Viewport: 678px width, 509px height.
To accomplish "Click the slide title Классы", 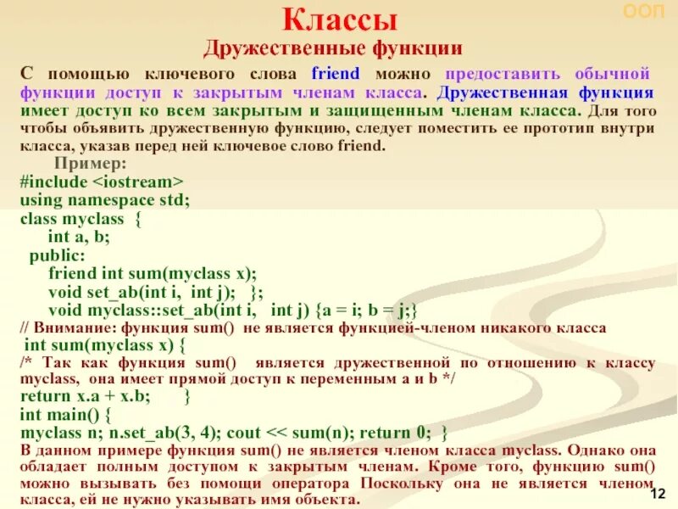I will [x=339, y=19].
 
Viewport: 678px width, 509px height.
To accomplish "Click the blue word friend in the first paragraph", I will [x=336, y=74].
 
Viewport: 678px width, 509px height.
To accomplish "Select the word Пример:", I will [x=91, y=164].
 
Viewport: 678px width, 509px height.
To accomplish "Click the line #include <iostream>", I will [x=101, y=182].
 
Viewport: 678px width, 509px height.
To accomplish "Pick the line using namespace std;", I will [x=104, y=199].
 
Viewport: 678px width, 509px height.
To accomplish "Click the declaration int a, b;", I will [x=79, y=237].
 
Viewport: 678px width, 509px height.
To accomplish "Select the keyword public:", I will [x=57, y=255].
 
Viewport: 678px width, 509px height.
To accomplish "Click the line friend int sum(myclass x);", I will [x=152, y=273].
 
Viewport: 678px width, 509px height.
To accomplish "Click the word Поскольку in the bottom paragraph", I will [x=403, y=484].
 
